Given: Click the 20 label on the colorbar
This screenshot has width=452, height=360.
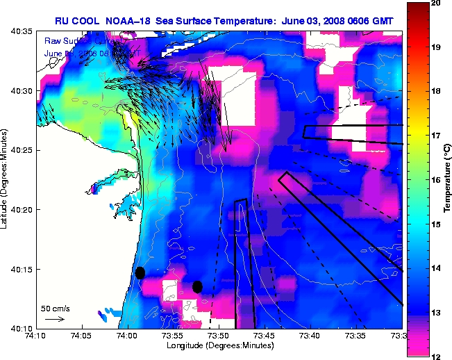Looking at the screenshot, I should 437,3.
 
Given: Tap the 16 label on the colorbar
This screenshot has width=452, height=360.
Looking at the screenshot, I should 437,180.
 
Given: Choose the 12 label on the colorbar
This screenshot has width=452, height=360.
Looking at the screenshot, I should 437,356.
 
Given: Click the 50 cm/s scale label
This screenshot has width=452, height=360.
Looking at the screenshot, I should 56,308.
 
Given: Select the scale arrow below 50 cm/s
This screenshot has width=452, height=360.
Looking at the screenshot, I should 55,320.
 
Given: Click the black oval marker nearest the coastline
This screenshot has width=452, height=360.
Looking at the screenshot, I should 140,272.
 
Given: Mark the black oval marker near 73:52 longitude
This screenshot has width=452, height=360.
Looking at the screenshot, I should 197,286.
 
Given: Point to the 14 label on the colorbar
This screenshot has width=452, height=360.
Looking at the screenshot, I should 437,268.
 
